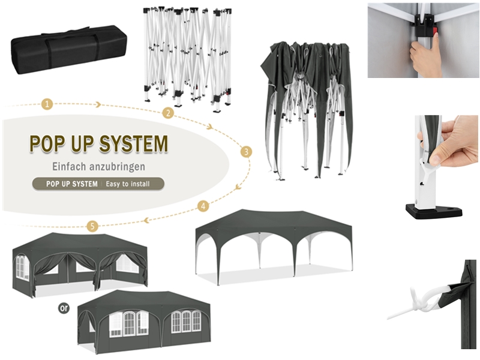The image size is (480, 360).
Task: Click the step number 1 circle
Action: click(47, 104)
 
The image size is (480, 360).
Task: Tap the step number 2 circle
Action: click(168, 113)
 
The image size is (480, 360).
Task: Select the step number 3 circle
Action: click(247, 152)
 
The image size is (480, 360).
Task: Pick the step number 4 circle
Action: click(203, 206)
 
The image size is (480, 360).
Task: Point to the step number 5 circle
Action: click(92, 226)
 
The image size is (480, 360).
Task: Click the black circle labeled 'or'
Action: click(64, 308)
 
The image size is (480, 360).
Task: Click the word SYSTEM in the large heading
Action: click(134, 143)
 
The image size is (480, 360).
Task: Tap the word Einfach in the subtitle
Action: click(68, 167)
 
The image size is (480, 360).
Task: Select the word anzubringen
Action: click(117, 167)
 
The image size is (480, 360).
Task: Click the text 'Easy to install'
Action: click(128, 184)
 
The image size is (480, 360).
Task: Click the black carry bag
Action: click(69, 50)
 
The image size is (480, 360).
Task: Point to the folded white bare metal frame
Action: click(187, 58)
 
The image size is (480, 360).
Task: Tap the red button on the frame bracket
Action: click(434, 32)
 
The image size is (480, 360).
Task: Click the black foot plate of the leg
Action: click(434, 212)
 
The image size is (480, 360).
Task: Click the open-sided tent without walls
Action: click(274, 247)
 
